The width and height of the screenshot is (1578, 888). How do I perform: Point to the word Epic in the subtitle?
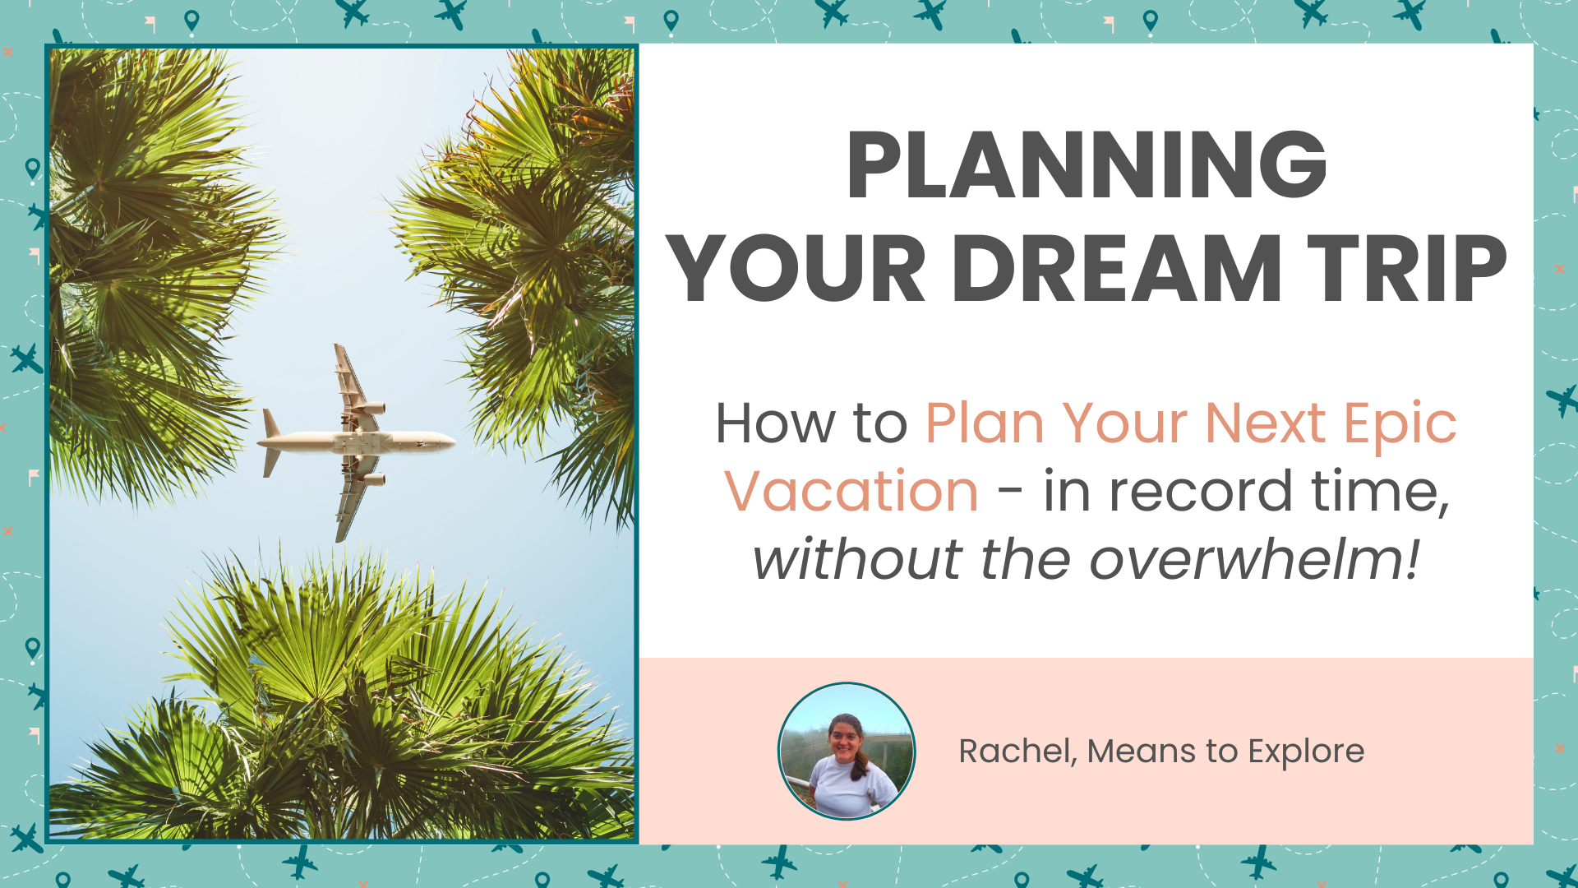(x=1400, y=425)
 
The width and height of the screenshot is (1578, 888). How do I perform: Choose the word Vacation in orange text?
(x=851, y=492)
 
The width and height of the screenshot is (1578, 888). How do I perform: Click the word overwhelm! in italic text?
(x=1254, y=560)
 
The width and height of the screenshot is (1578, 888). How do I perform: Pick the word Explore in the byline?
(x=1306, y=752)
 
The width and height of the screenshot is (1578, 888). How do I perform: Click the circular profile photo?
(x=846, y=751)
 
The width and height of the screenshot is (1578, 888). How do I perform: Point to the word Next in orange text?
(x=1265, y=424)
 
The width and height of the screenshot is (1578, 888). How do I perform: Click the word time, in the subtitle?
(x=1380, y=492)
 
